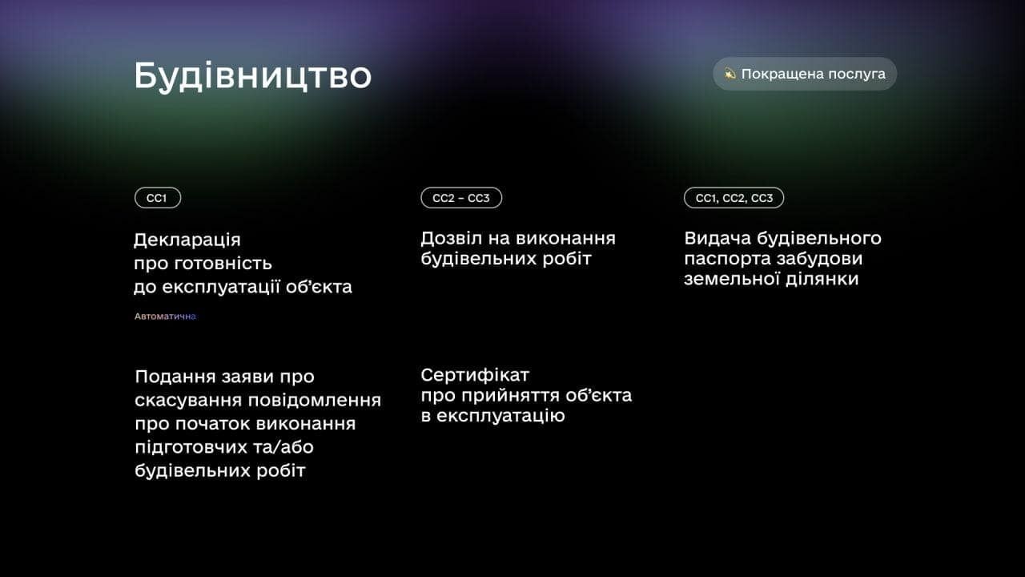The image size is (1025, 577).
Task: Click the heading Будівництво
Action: point(252,76)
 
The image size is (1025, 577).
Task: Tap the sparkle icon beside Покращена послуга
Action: point(730,74)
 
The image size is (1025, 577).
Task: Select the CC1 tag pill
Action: point(157,198)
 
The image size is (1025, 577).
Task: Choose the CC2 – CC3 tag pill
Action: point(461,198)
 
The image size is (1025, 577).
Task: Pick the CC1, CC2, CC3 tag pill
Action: point(734,198)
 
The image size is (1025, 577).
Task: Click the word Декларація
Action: point(187,240)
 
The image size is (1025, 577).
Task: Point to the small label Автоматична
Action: point(165,317)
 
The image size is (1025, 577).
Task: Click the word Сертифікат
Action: point(475,374)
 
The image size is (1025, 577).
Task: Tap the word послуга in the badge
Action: point(857,74)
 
